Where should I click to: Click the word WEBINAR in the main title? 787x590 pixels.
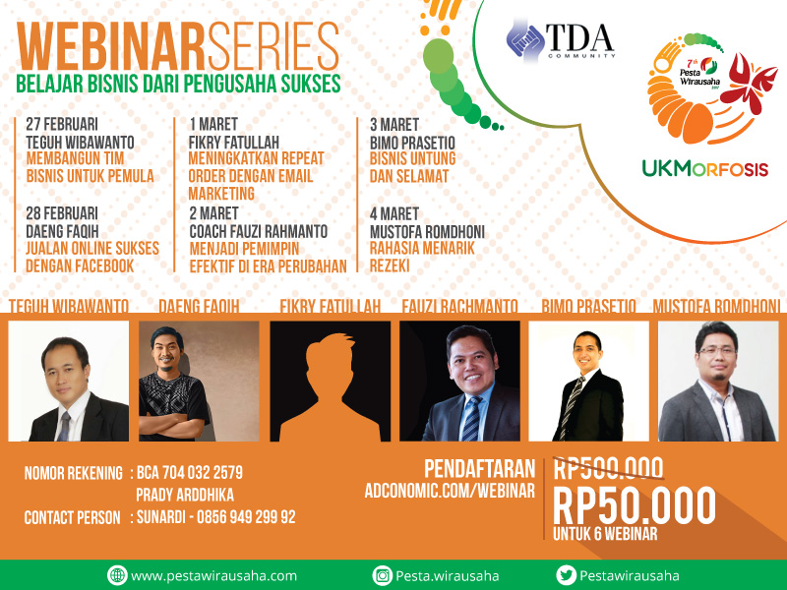[x=110, y=46]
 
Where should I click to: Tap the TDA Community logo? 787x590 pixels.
[x=561, y=40]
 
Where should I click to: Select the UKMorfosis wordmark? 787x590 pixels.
[x=705, y=168]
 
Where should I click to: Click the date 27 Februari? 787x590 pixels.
[x=62, y=124]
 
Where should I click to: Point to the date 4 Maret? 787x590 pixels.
[x=394, y=213]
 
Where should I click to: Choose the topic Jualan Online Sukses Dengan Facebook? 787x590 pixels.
[x=92, y=257]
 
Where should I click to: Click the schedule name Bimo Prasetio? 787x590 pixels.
[x=412, y=143]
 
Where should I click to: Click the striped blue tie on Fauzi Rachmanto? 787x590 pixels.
[x=472, y=419]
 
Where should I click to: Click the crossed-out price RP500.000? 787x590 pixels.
[x=608, y=468]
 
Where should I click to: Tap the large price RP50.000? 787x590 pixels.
[x=635, y=505]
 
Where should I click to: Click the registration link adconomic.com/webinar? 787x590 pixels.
[x=450, y=491]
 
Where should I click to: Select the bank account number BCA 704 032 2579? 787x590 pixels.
[x=190, y=472]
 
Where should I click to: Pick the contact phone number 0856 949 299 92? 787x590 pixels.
[x=246, y=517]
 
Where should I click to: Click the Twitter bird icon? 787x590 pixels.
[x=567, y=575]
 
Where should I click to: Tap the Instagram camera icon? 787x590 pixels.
[x=382, y=575]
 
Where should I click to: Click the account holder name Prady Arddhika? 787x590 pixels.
[x=185, y=495]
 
